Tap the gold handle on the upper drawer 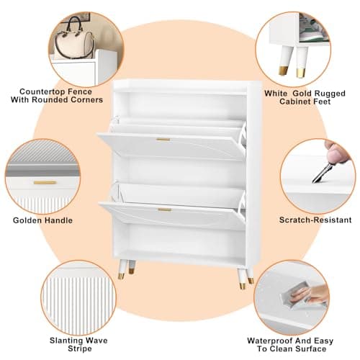(163, 140)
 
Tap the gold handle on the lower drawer (165, 210)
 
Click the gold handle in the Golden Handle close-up (45, 183)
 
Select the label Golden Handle (42, 220)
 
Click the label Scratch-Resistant (315, 220)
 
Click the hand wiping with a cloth (310, 294)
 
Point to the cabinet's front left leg (122, 269)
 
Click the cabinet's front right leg (241, 279)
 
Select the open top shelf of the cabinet (181, 105)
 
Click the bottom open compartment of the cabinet (180, 240)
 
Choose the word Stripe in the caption (80, 348)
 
